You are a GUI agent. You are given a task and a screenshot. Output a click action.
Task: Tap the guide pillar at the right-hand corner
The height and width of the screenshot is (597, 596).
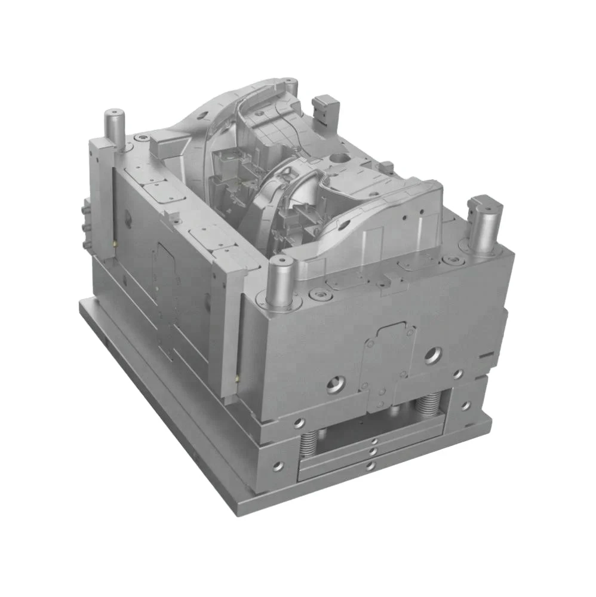tap(484, 224)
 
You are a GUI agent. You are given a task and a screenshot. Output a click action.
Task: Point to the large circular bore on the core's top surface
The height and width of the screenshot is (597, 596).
tap(341, 159)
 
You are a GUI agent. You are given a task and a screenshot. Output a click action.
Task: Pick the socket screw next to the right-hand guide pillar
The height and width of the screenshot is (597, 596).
tap(459, 259)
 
